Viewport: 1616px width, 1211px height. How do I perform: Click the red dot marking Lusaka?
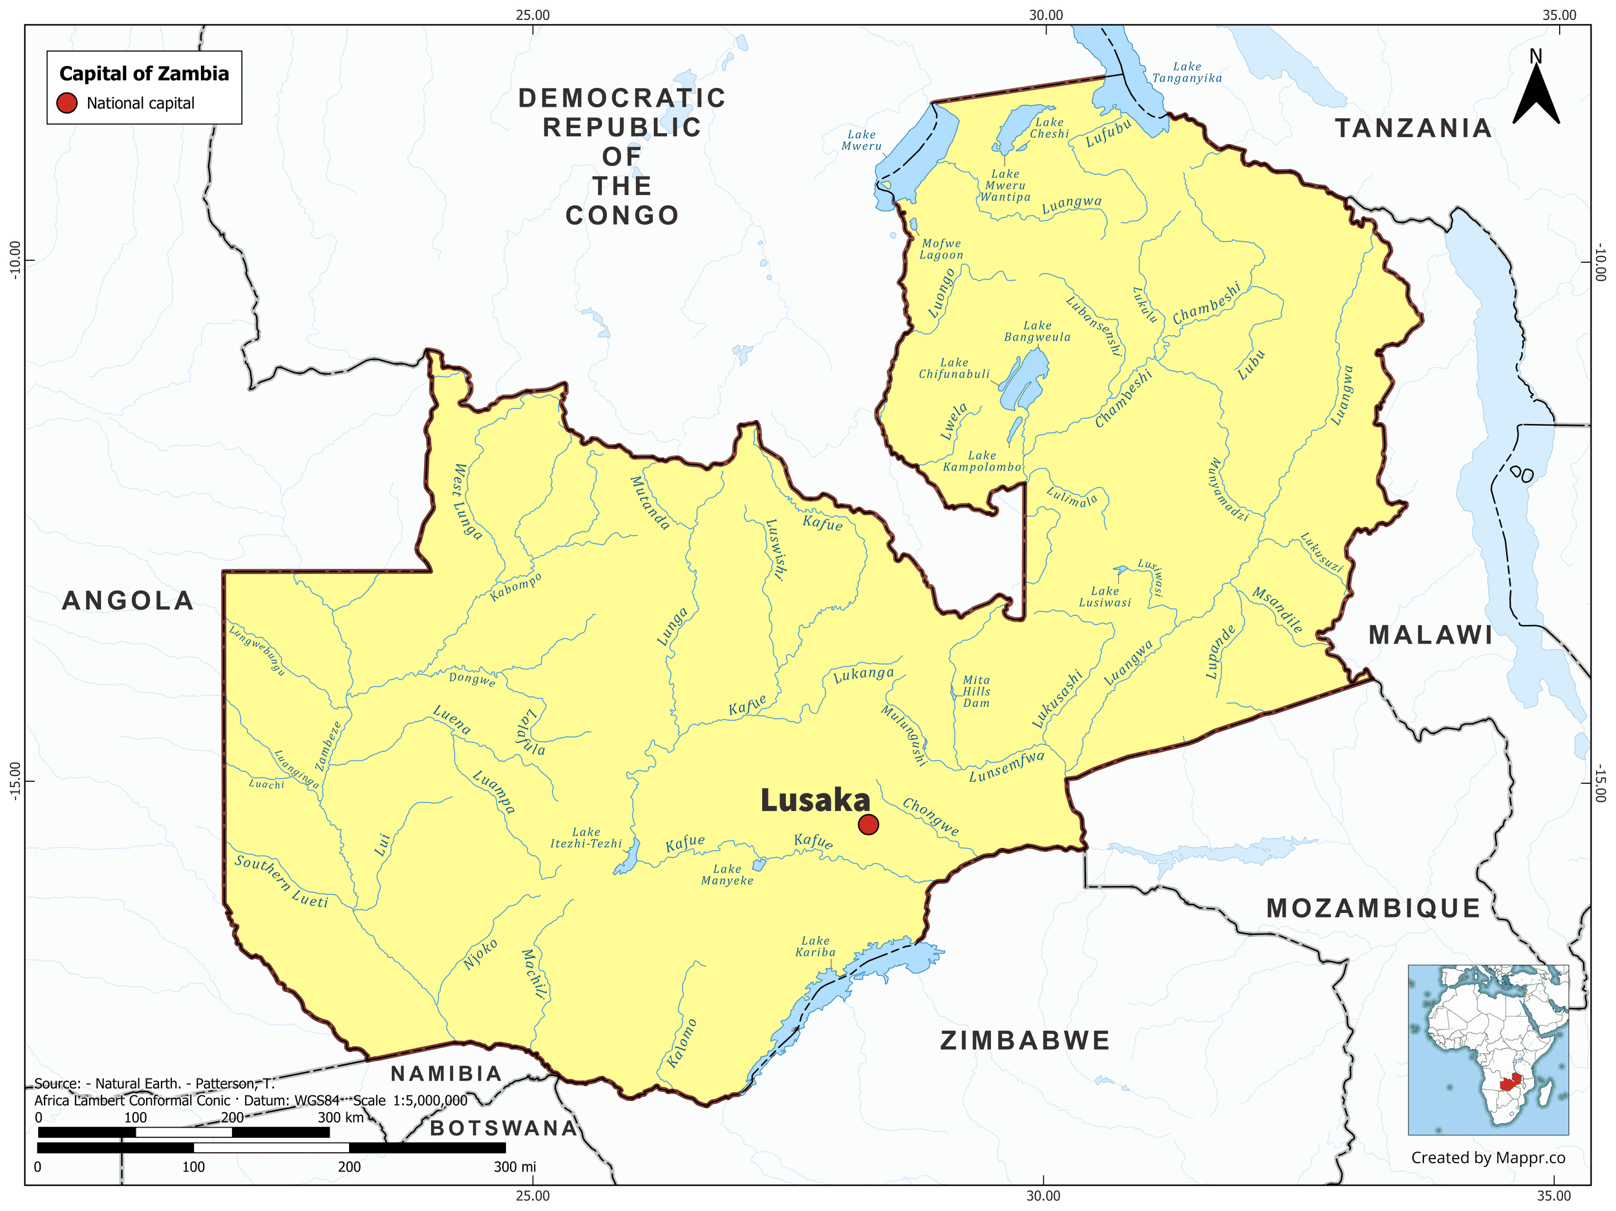coord(868,825)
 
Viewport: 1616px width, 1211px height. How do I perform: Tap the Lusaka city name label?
coord(815,801)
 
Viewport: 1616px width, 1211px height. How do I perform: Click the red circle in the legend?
coord(67,103)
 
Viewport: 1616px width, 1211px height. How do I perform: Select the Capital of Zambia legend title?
coord(144,74)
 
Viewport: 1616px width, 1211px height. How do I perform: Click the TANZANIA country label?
coord(1414,129)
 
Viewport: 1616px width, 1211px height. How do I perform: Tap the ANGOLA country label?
coord(128,600)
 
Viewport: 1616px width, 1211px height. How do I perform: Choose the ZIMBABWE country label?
coord(1025,1041)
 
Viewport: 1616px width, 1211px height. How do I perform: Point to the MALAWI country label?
coord(1430,635)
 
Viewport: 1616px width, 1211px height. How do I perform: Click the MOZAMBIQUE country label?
coord(1374,909)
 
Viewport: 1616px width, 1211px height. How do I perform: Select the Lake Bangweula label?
coord(1037,331)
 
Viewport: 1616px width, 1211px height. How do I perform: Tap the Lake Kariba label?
coord(815,947)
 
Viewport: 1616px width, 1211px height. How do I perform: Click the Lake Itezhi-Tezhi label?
coord(586,837)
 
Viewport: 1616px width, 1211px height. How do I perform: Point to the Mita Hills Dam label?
coord(976,691)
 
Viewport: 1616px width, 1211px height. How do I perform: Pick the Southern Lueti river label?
coord(281,881)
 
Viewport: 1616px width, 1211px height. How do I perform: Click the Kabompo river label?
coord(516,587)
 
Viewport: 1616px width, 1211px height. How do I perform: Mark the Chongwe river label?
coord(930,816)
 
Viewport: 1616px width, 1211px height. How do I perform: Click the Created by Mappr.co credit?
coord(1487,1157)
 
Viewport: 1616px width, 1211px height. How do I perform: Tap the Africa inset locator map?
coord(1487,1049)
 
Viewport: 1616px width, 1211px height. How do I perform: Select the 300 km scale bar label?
coord(341,1117)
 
